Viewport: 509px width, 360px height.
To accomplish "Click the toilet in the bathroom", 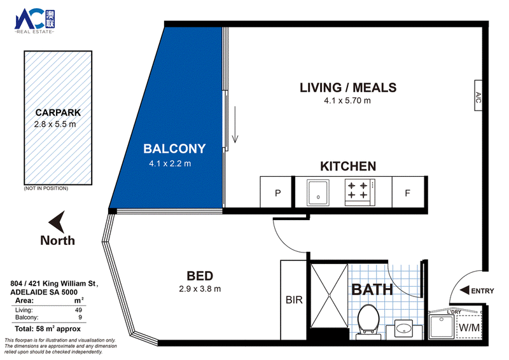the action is pyautogui.click(x=369, y=321).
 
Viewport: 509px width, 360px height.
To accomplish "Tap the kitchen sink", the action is pyautogui.click(x=318, y=193).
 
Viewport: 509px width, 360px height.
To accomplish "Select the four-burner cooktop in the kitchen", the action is pyautogui.click(x=359, y=192).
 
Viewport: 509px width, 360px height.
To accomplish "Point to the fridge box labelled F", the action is pyautogui.click(x=408, y=193).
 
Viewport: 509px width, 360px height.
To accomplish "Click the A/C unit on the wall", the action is pyautogui.click(x=478, y=95).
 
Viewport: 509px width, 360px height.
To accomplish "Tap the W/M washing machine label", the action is pyautogui.click(x=469, y=328).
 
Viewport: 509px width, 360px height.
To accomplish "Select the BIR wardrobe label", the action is pyautogui.click(x=294, y=300).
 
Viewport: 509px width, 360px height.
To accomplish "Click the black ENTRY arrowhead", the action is pyautogui.click(x=464, y=290).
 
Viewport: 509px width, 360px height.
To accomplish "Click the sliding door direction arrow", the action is pyautogui.click(x=235, y=125).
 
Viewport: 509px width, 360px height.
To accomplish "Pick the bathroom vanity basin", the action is pyautogui.click(x=404, y=328).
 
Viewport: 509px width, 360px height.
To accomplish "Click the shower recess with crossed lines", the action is pyautogui.click(x=329, y=296).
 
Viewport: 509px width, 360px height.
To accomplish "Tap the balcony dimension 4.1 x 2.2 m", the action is pyautogui.click(x=170, y=163).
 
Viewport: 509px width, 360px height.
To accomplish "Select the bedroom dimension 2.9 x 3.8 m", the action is pyautogui.click(x=200, y=289).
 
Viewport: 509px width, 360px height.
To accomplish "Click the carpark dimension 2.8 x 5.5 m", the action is pyautogui.click(x=55, y=124).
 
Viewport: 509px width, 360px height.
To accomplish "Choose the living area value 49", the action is pyautogui.click(x=78, y=310).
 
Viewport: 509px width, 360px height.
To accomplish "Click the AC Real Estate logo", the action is pyautogui.click(x=35, y=22).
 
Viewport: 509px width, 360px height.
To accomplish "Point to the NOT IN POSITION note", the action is pyautogui.click(x=46, y=188).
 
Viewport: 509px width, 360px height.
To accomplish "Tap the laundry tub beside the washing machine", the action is pyautogui.click(x=441, y=326).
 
